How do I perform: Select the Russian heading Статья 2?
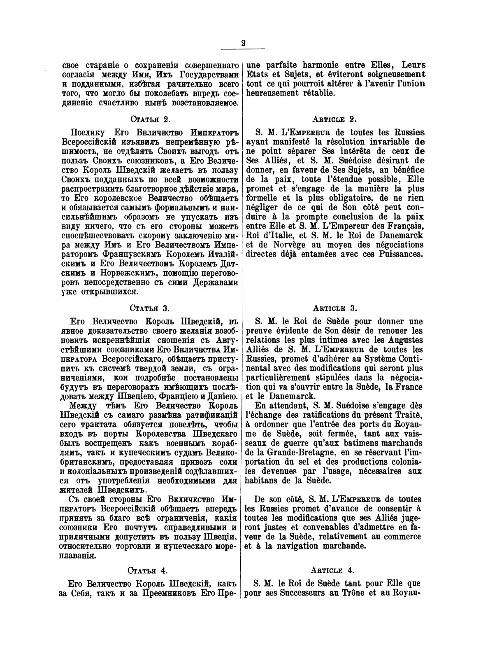pyautogui.click(x=150, y=120)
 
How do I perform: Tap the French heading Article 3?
pyautogui.click(x=334, y=308)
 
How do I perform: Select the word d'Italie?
pyautogui.click(x=268, y=236)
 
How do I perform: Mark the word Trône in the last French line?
pyautogui.click(x=355, y=593)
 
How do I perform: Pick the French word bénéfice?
pyautogui.click(x=406, y=179)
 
